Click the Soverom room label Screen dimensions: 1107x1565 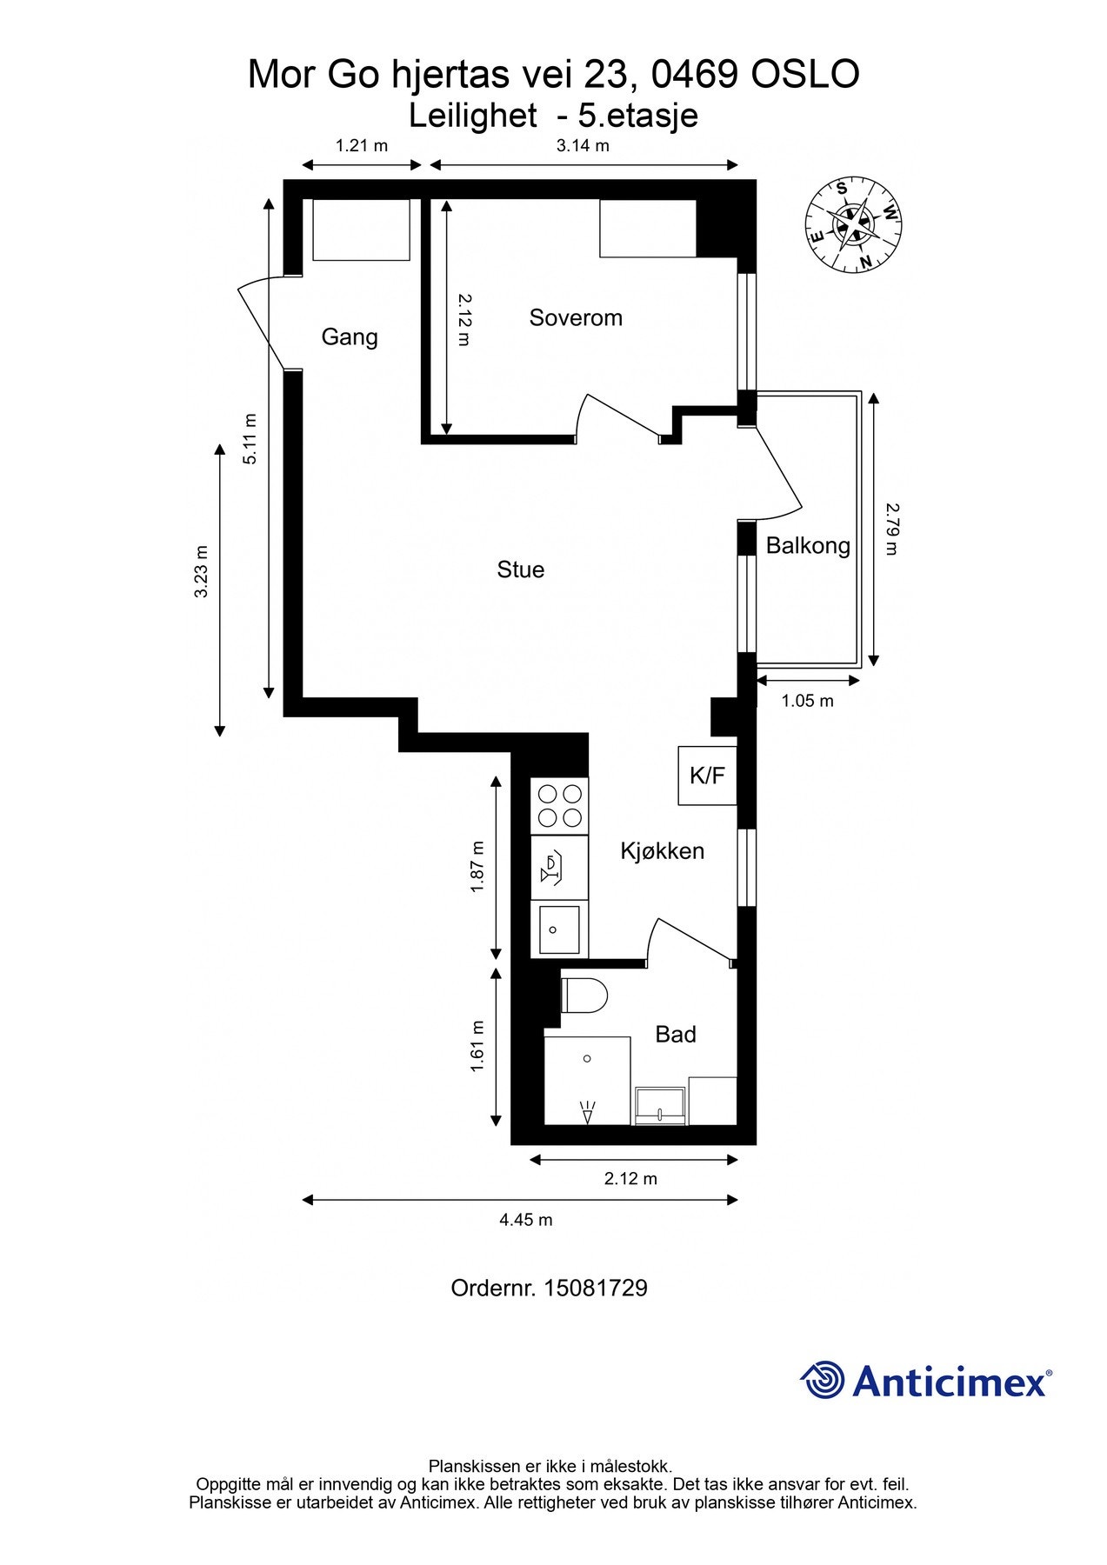[576, 317]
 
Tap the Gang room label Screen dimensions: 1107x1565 [350, 336]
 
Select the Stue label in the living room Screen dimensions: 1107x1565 [521, 569]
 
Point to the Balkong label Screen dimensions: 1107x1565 [808, 545]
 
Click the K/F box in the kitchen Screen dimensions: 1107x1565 [707, 776]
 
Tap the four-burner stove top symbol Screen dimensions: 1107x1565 [560, 806]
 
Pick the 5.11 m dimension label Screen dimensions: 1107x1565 [250, 438]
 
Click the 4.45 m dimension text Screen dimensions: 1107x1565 [526, 1220]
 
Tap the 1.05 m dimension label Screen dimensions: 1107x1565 [807, 701]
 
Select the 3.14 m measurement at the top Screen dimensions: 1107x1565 [583, 145]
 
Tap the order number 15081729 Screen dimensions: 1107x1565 [596, 1288]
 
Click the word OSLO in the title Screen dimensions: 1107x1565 [805, 74]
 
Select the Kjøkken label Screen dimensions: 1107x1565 [662, 851]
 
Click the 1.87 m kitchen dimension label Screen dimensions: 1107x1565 [476, 867]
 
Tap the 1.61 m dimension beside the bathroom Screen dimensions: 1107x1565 [477, 1046]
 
